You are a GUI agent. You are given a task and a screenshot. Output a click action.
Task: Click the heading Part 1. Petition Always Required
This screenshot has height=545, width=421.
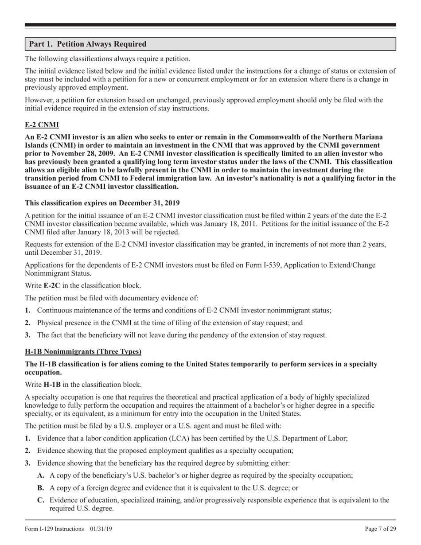click(87, 44)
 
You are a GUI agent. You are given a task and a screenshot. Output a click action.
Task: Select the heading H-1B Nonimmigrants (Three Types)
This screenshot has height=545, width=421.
click(83, 352)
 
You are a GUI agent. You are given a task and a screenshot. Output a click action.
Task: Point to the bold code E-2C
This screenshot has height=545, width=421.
click(52, 286)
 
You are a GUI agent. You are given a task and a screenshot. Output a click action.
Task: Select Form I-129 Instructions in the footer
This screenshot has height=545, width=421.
click(54, 529)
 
